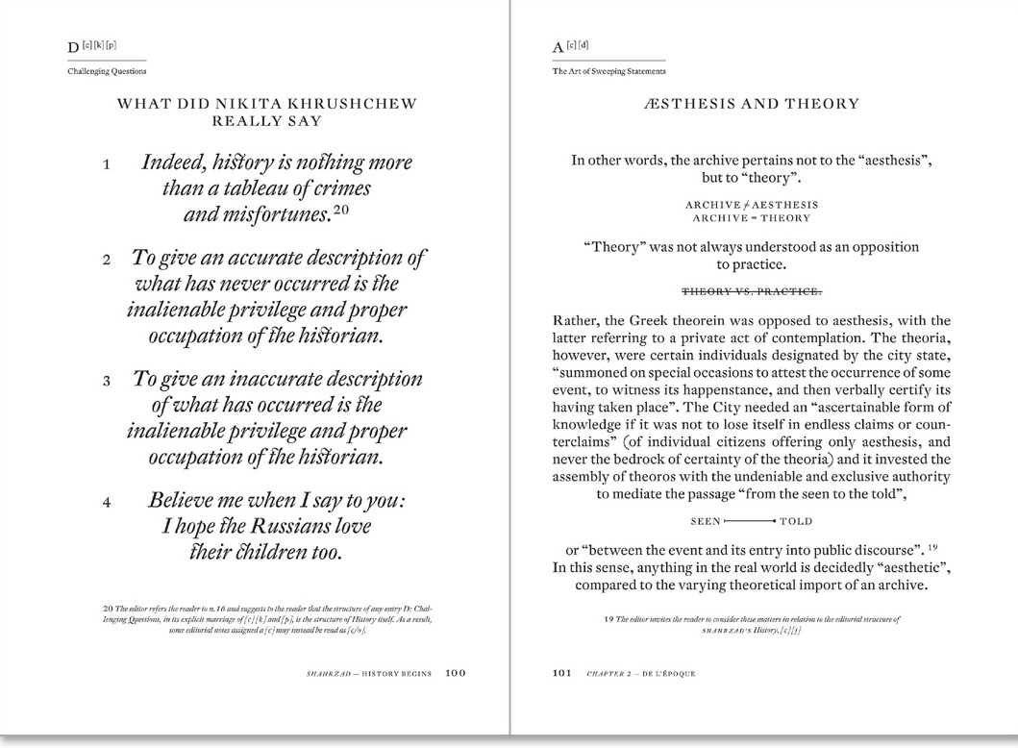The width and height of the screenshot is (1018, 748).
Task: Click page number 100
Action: (x=456, y=673)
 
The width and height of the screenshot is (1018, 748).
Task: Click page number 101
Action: (x=562, y=673)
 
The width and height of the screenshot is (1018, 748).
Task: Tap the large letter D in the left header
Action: (x=73, y=47)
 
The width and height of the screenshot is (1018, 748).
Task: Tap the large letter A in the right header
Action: (x=559, y=47)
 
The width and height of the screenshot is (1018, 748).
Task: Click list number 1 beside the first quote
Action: (x=107, y=164)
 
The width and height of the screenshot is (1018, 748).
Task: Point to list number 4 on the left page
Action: (x=107, y=502)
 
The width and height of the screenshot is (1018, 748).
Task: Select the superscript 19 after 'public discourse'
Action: (x=919, y=545)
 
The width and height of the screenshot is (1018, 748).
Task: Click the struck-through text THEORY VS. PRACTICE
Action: (x=752, y=290)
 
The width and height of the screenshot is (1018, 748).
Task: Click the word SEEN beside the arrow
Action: (x=706, y=521)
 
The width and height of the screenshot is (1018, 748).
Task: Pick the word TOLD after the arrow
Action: (x=796, y=521)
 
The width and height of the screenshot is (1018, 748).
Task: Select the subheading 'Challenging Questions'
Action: (x=107, y=71)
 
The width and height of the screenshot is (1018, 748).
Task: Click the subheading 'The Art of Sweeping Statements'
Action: (x=608, y=71)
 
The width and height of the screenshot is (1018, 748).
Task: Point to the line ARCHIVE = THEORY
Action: (x=752, y=218)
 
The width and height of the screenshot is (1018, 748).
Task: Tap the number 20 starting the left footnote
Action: (x=106, y=608)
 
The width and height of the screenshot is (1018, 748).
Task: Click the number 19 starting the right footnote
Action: (x=608, y=619)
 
